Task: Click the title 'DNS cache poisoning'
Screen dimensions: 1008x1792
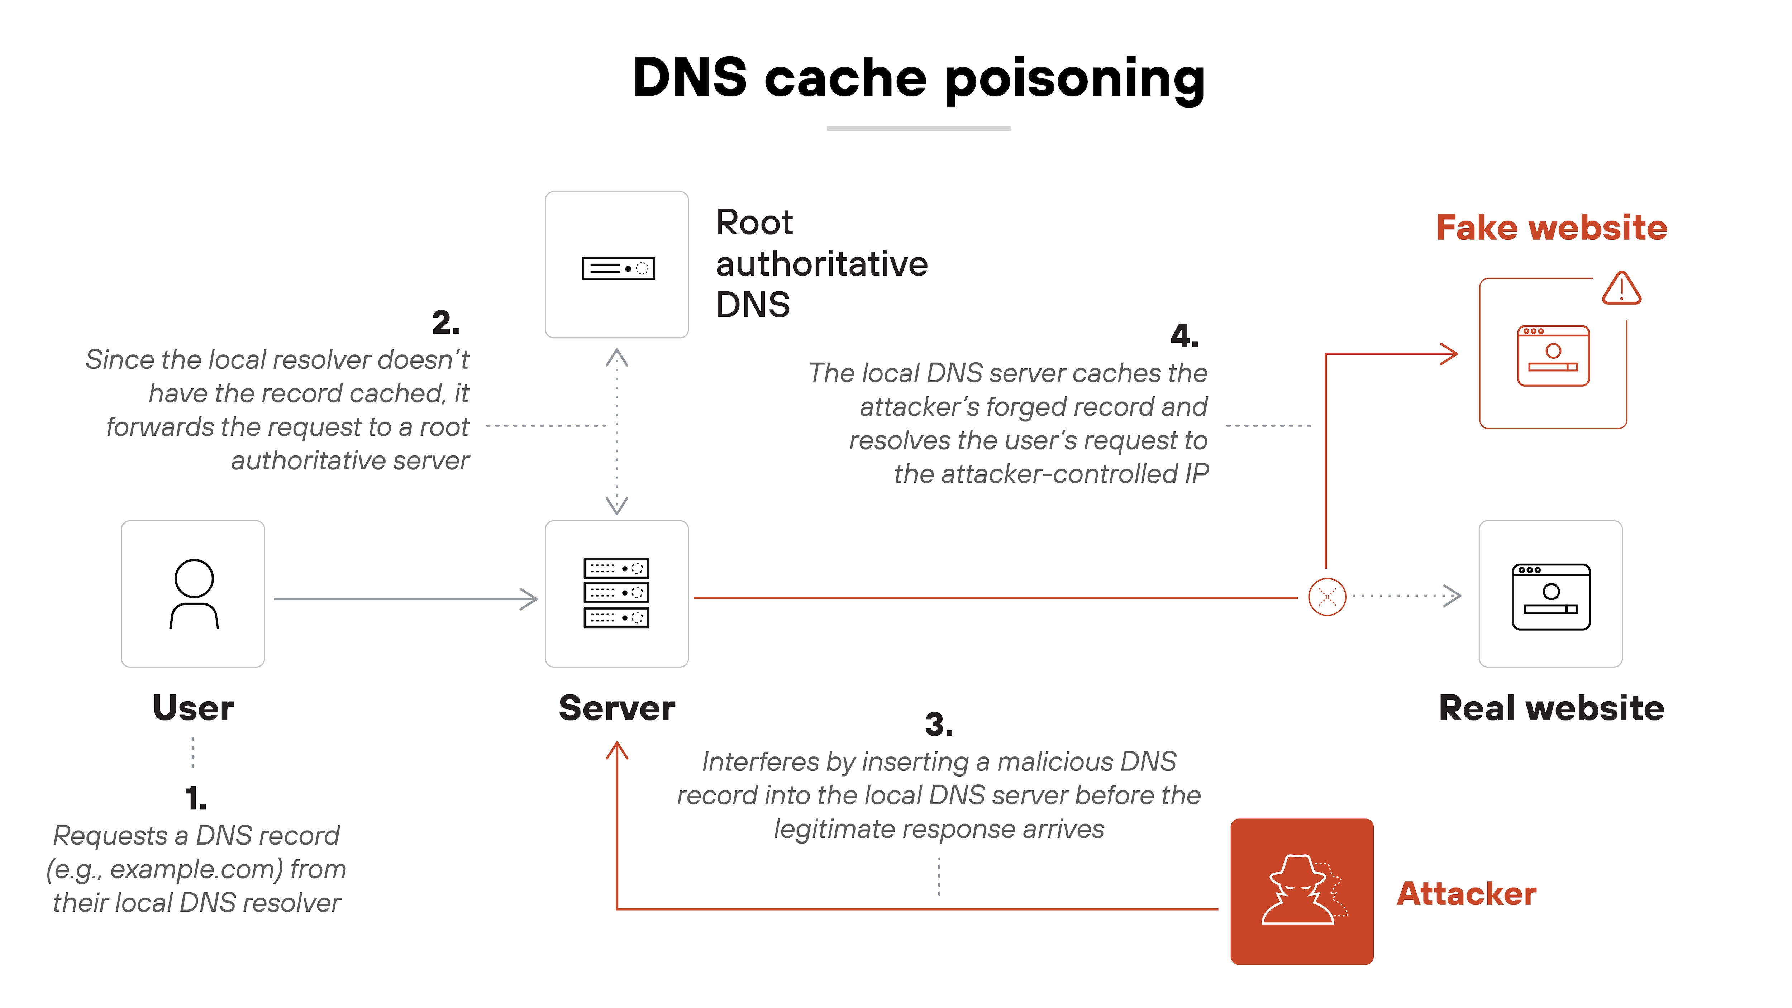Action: [918, 78]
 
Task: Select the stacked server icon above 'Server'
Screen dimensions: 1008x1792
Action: [616, 593]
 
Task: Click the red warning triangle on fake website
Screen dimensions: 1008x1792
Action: [1621, 289]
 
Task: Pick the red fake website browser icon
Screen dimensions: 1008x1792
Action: [1553, 355]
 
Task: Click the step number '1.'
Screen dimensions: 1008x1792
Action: [195, 799]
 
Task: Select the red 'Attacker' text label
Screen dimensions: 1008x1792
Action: [1467, 894]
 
